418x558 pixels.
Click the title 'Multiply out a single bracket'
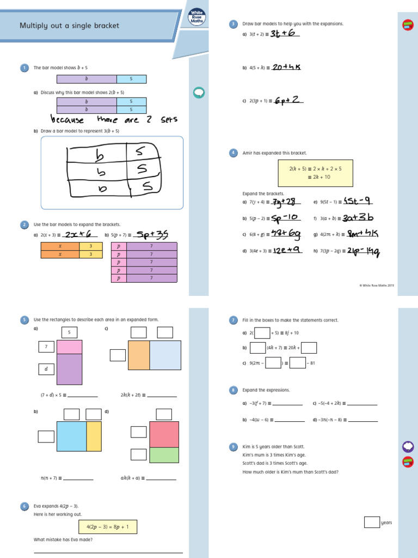(x=69, y=26)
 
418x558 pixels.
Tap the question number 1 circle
(x=24, y=68)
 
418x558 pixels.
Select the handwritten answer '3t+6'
(x=282, y=34)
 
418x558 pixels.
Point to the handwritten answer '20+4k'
(x=286, y=67)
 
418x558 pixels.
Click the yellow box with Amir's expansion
(x=316, y=173)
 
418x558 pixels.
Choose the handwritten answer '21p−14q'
(x=359, y=251)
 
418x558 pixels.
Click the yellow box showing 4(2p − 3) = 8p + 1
(x=108, y=526)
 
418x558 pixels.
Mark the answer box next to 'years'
(x=372, y=522)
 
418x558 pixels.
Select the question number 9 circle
(x=233, y=447)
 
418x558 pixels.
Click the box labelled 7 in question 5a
(x=46, y=347)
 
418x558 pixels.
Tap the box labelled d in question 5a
(x=46, y=369)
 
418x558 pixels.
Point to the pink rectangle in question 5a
(x=69, y=347)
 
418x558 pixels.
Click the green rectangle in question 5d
(x=164, y=454)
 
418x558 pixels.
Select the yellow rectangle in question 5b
(x=94, y=436)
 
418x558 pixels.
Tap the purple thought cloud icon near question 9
(x=407, y=447)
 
